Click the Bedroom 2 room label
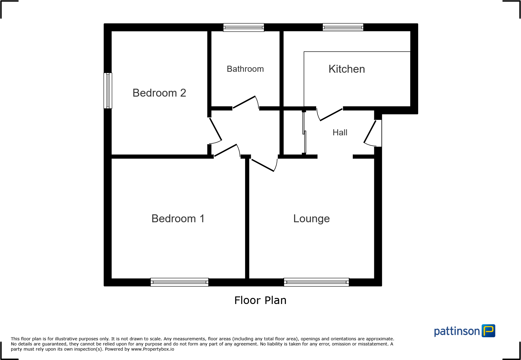point(159,93)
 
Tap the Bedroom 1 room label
point(178,219)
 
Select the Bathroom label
point(245,69)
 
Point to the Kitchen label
point(347,69)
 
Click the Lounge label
point(311,219)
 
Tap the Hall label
point(340,133)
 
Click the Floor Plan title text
point(260,300)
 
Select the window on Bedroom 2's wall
point(108,91)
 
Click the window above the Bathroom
point(244,27)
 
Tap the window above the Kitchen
point(343,27)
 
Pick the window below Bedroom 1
point(179,282)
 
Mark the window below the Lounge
point(316,282)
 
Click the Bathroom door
point(244,102)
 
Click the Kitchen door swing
point(331,114)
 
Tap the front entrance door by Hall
point(370,132)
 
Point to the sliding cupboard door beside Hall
point(304,133)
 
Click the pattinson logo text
point(457,331)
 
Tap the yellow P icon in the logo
point(488,331)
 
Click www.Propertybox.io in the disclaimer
point(152,349)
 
